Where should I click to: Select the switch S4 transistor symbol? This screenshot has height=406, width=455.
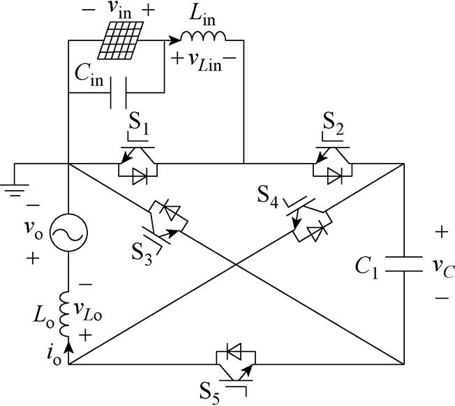(x=305, y=217)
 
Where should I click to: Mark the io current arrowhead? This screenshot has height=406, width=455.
(x=68, y=342)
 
